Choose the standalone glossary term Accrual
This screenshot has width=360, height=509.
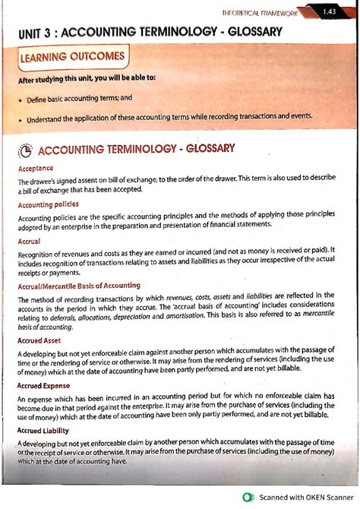pos(29,241)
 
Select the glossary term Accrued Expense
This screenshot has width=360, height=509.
pos(46,386)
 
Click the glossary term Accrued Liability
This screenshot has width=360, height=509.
pos(46,432)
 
